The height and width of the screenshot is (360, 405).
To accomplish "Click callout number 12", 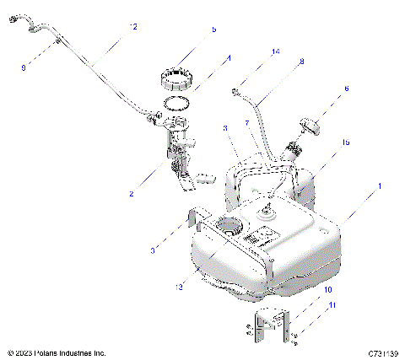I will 133,27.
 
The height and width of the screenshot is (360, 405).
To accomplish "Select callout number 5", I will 213,29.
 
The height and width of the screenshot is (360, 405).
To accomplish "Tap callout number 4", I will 228,59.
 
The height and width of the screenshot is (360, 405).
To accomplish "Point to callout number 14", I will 275,52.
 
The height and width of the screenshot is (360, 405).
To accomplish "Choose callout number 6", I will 346,88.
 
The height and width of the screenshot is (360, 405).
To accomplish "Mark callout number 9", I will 24,64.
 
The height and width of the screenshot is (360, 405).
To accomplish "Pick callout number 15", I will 344,144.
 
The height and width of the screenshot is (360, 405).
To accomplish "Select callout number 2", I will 131,194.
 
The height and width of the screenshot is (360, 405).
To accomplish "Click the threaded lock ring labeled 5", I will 178,82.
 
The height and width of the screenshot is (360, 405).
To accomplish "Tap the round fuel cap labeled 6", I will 310,126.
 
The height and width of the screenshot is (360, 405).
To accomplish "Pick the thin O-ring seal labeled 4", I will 175,105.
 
